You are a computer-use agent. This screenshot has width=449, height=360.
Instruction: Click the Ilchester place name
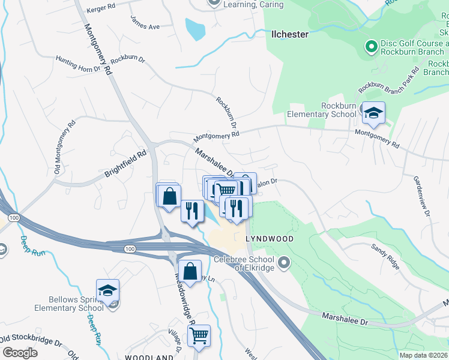point(290,34)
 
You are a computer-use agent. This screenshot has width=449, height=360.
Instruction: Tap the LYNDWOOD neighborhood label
point(270,239)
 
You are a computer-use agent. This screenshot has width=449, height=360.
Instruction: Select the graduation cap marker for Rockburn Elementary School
point(373,113)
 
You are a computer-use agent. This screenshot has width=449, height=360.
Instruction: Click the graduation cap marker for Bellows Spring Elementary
point(107,291)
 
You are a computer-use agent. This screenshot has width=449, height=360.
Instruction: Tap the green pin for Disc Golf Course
point(370,45)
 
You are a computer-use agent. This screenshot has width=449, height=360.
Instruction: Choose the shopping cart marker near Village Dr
point(199,335)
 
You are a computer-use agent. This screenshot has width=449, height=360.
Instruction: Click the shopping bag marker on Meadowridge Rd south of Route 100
point(190,271)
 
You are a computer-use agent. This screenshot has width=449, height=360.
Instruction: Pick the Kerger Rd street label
point(100,8)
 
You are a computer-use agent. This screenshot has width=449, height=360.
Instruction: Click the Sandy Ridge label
point(385,255)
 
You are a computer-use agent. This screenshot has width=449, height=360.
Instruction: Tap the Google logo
point(20,352)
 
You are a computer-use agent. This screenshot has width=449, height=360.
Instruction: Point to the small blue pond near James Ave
point(194,28)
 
